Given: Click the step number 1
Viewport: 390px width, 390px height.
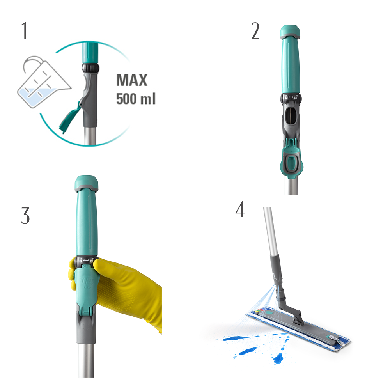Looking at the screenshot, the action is pyautogui.click(x=24, y=30).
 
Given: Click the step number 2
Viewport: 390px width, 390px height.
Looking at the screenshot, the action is pyautogui.click(x=255, y=31).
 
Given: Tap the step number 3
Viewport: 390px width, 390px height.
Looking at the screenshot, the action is pyautogui.click(x=25, y=216).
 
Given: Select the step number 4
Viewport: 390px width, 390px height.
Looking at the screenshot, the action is pyautogui.click(x=240, y=209).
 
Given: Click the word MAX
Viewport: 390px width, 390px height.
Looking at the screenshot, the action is pyautogui.click(x=132, y=80).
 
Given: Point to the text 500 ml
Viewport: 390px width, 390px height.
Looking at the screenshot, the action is pyautogui.click(x=136, y=99).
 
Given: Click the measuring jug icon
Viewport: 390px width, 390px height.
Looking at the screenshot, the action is pyautogui.click(x=44, y=82).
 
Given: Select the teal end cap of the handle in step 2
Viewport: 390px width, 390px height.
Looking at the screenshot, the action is pyautogui.click(x=290, y=32).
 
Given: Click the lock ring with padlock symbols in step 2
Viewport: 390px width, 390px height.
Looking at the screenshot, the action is pyautogui.click(x=291, y=98).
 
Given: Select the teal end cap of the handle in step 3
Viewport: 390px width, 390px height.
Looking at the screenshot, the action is pyautogui.click(x=86, y=183).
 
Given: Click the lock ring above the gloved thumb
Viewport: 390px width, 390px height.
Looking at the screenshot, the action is pyautogui.click(x=86, y=261).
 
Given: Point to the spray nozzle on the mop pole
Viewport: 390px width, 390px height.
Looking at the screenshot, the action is pyautogui.click(x=278, y=289).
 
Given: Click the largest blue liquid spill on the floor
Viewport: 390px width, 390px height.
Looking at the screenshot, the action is pyautogui.click(x=235, y=338).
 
